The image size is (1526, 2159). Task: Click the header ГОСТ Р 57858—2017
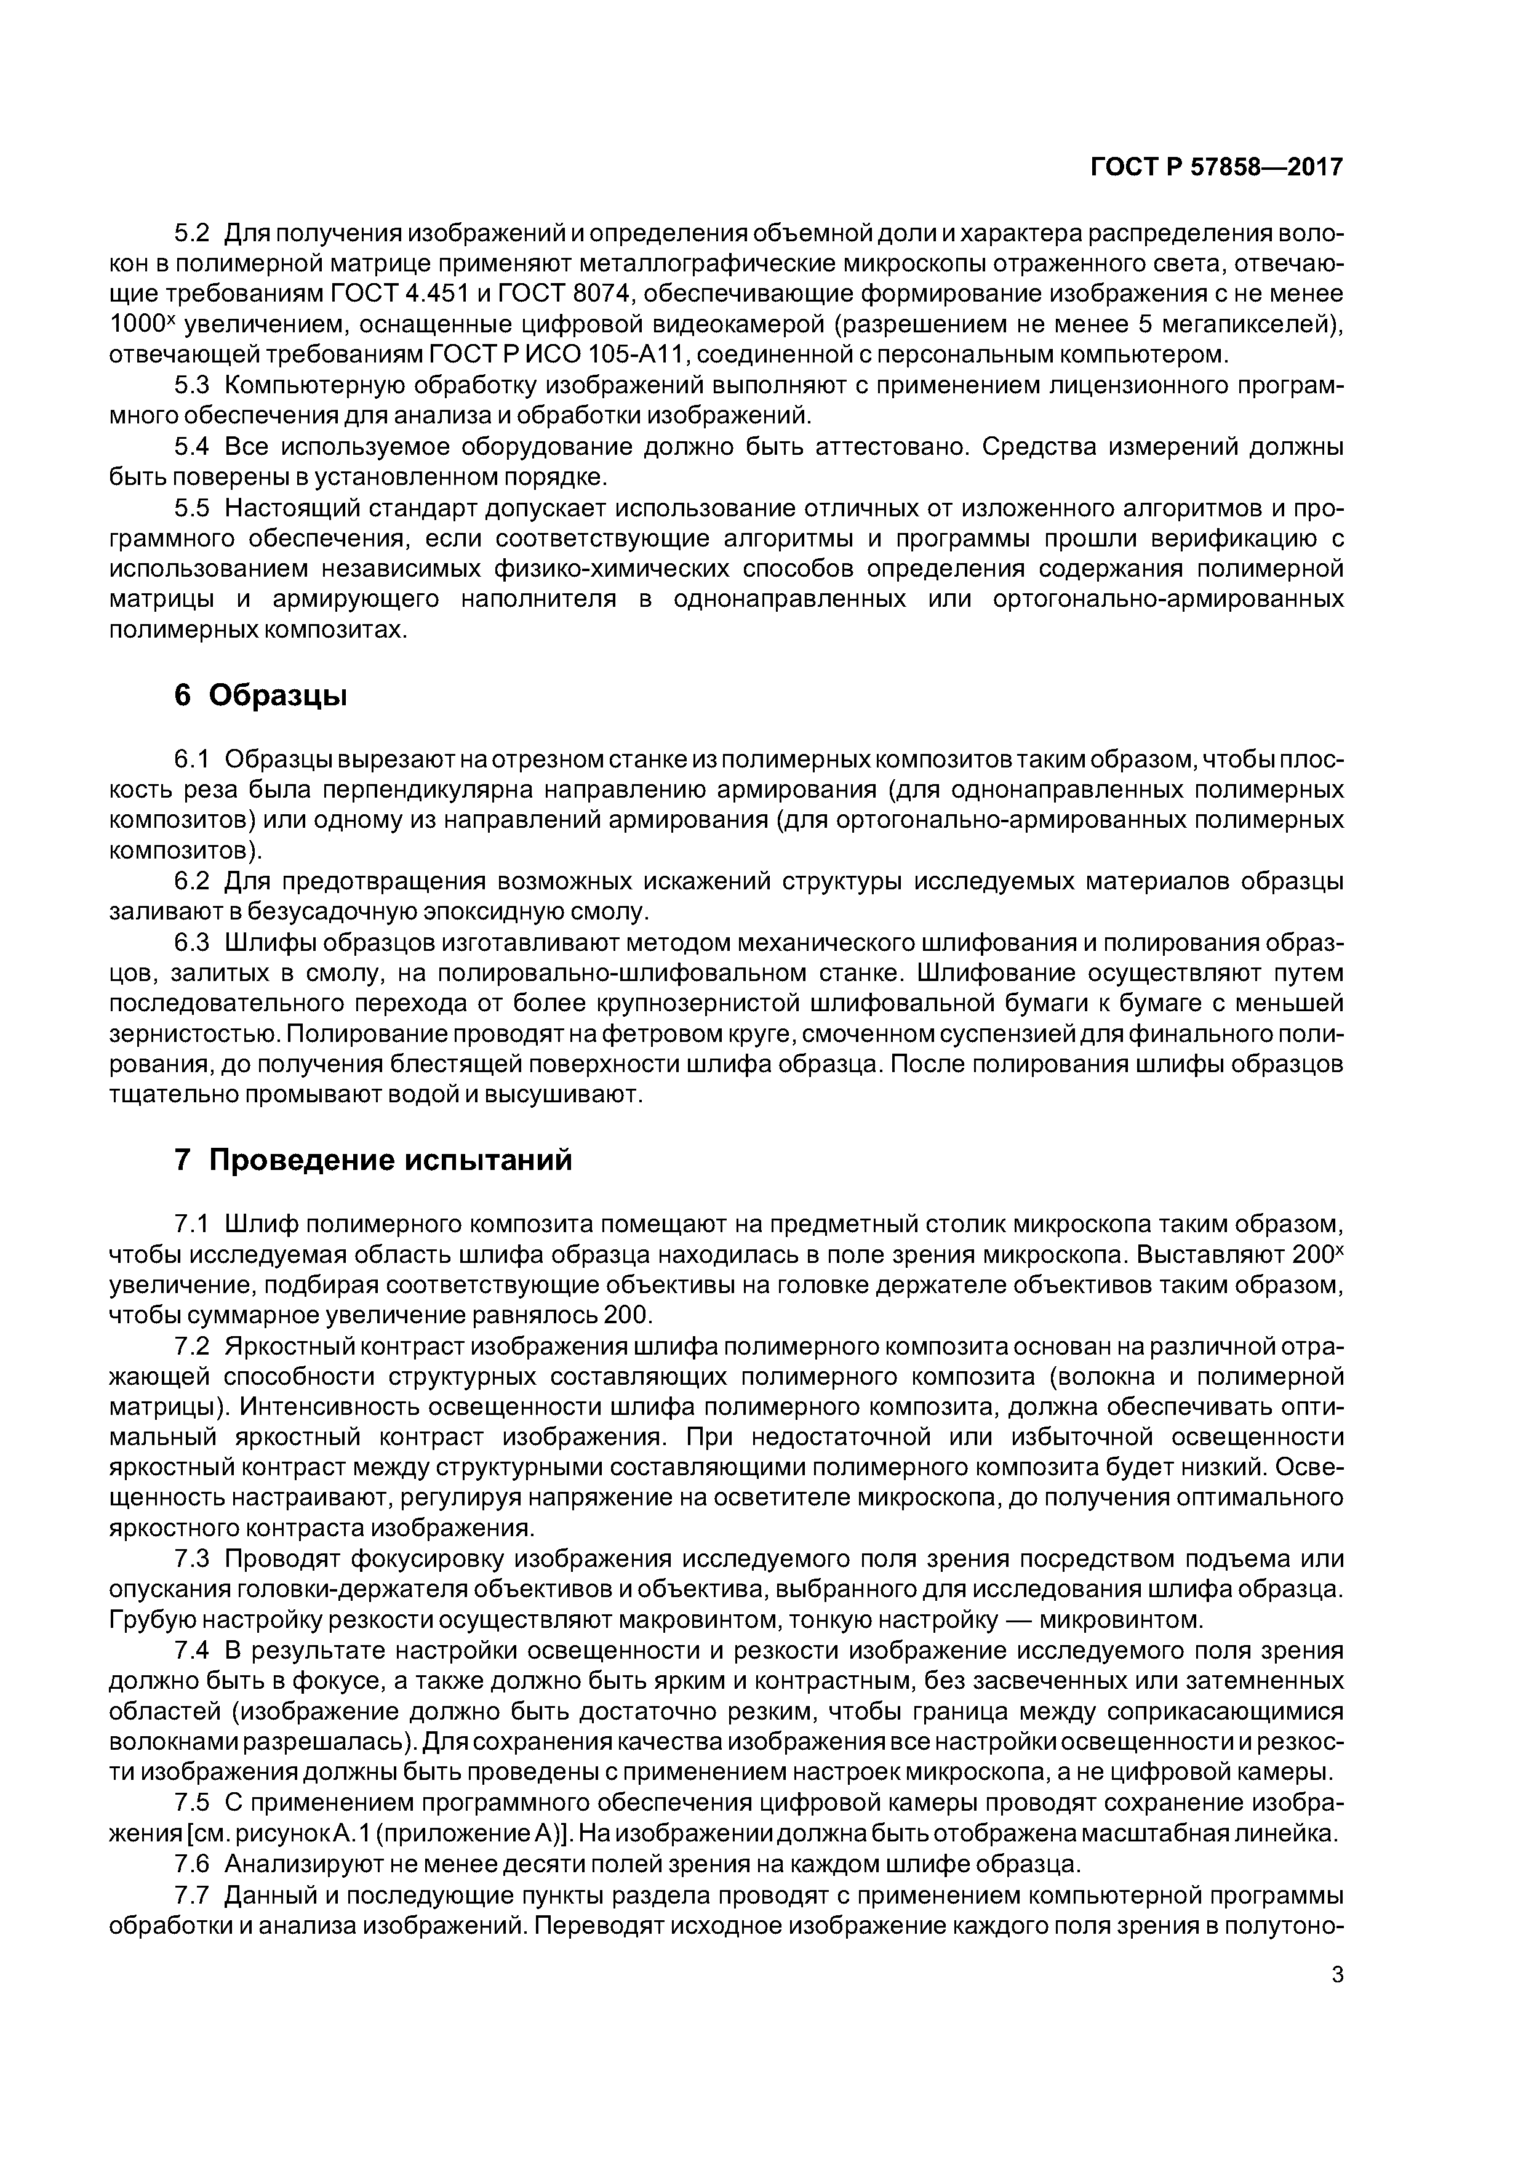click(x=1216, y=167)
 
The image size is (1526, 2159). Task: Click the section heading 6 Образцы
click(x=260, y=696)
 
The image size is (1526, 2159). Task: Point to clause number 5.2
click(x=194, y=232)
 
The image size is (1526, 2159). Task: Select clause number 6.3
click(x=194, y=943)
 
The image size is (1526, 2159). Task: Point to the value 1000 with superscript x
click(x=141, y=324)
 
